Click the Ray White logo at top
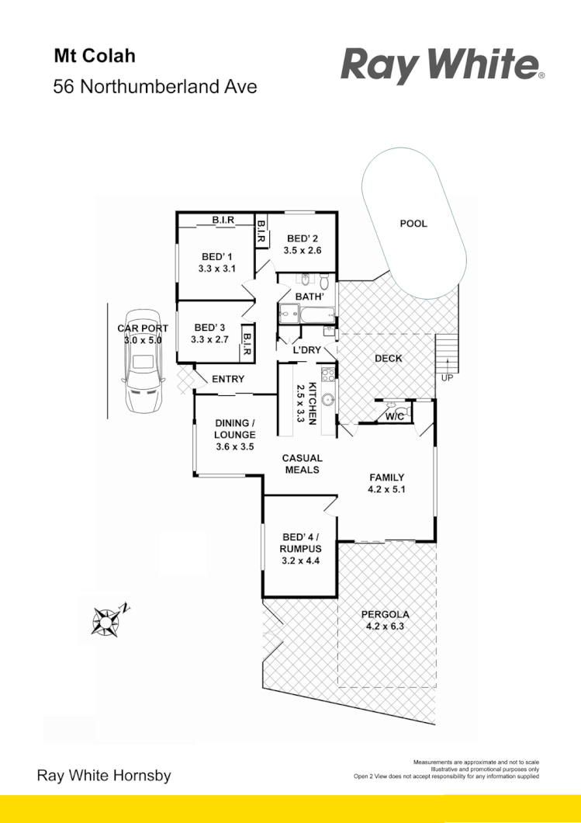click(442, 65)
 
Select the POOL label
click(413, 224)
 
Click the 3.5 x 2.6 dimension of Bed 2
click(302, 250)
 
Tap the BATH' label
click(309, 297)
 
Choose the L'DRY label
click(306, 350)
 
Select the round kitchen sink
click(328, 401)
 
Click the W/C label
click(395, 417)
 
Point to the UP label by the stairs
click(448, 377)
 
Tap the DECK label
click(387, 358)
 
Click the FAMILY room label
click(386, 477)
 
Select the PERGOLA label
click(386, 614)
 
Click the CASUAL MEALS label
click(302, 464)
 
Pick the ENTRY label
click(228, 379)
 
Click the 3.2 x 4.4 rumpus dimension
click(300, 561)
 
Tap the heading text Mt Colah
click(94, 57)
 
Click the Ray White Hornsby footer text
click(104, 776)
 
